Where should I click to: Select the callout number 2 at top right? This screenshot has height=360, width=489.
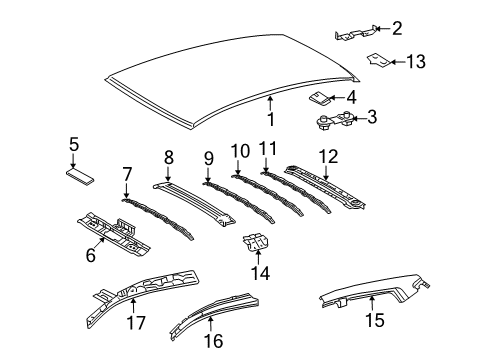point(397,28)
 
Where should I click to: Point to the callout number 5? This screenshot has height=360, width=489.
point(72,146)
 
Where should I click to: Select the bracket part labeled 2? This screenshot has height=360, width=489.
point(356,33)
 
